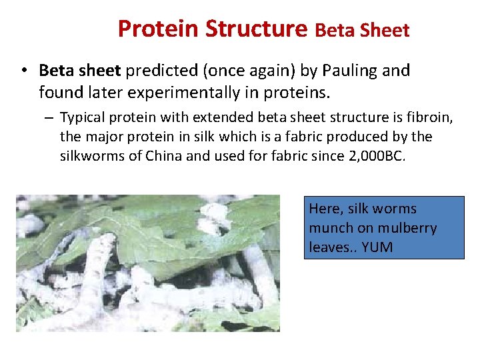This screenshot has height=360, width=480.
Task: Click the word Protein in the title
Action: (x=159, y=29)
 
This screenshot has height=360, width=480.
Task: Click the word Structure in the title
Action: (x=257, y=29)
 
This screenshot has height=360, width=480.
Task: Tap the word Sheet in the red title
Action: (x=387, y=31)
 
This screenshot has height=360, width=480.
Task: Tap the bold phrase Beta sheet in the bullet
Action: (x=78, y=71)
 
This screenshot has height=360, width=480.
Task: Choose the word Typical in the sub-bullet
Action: (x=83, y=118)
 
